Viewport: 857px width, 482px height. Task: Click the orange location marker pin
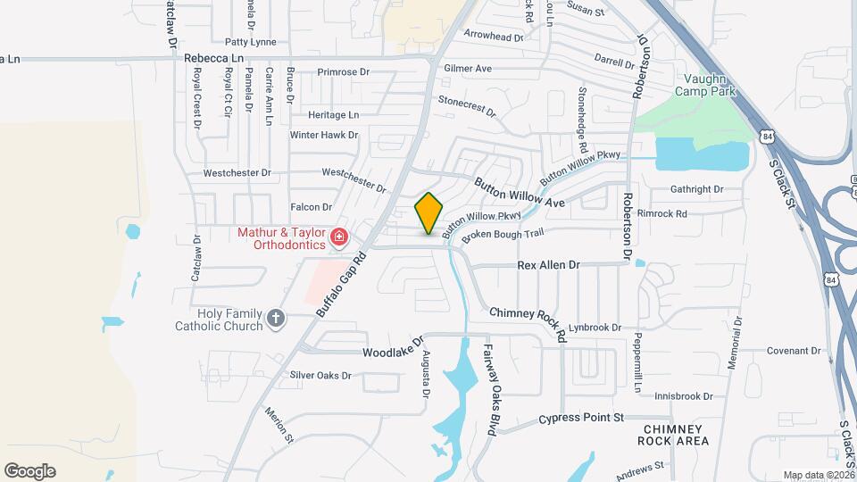point(429,213)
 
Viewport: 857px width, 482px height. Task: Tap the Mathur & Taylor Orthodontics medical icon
point(339,237)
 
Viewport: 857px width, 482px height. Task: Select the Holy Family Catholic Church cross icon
point(277,317)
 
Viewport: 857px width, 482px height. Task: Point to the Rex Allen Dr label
point(549,265)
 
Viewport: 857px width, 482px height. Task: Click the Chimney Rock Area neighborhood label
point(676,435)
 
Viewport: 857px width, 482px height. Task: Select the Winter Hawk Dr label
point(323,135)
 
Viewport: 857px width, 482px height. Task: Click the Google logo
point(29,471)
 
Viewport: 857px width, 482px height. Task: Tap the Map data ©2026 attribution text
point(818,475)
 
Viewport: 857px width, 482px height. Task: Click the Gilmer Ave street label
point(468,68)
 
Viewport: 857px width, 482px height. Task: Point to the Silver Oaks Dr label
point(320,376)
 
